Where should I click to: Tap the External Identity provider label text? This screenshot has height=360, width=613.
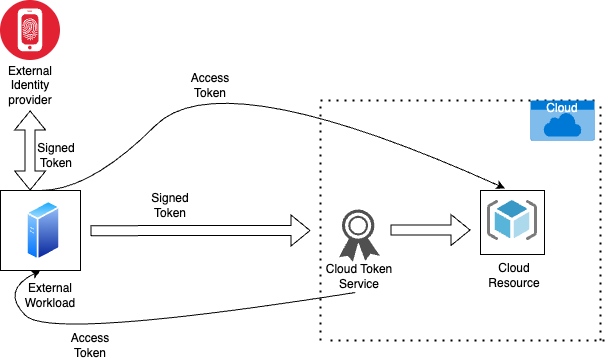click(x=30, y=86)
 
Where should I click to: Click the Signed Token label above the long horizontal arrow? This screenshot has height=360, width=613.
click(x=170, y=205)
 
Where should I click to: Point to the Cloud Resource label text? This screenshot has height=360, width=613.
click(x=513, y=276)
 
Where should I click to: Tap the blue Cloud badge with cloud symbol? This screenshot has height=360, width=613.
click(x=563, y=120)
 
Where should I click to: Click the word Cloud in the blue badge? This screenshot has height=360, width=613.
click(x=562, y=106)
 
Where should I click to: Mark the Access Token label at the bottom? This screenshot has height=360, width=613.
click(x=90, y=345)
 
